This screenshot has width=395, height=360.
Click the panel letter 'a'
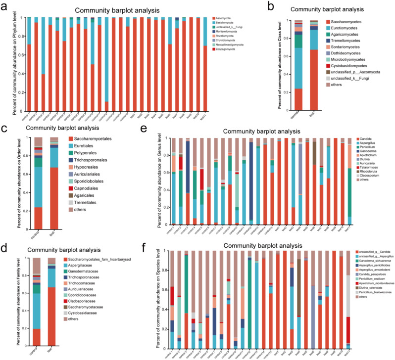pos(7,7)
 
